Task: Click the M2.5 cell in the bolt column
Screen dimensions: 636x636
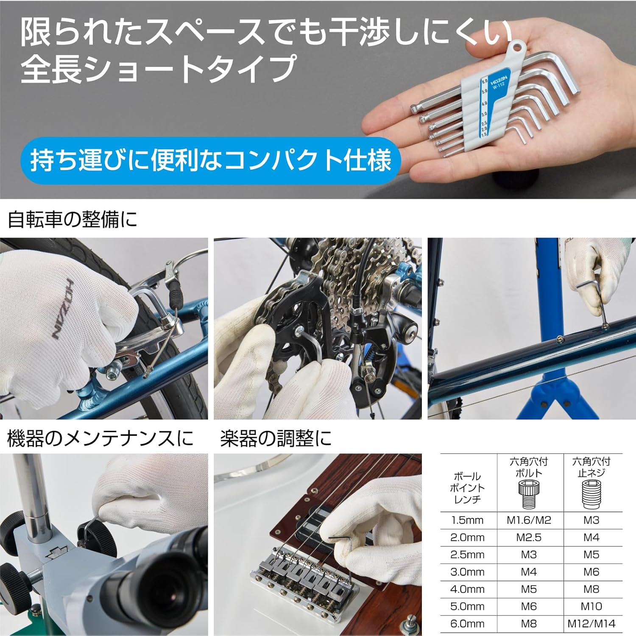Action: point(529,538)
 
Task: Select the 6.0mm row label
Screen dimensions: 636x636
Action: point(467,624)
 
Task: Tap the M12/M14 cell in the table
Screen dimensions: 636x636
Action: point(591,624)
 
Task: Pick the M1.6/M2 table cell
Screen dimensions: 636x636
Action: point(529,520)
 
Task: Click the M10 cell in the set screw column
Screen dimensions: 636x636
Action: point(591,606)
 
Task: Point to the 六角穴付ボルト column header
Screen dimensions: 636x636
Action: point(529,467)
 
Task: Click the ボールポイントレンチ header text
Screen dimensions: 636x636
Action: point(467,488)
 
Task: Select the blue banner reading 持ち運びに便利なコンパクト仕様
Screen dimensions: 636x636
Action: point(210,161)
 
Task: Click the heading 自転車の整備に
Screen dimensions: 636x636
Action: point(73,220)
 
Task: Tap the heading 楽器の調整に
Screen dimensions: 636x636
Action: point(276,438)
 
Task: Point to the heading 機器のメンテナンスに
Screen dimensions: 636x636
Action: point(100,438)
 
